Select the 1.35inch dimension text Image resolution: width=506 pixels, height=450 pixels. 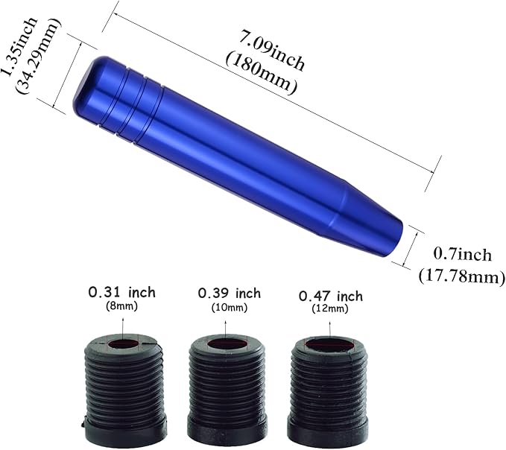14,37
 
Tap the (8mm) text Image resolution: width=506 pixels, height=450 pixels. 121,305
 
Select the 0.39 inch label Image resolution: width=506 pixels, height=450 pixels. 229,293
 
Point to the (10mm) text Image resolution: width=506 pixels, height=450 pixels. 230,308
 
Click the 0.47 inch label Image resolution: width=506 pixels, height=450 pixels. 330,297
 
